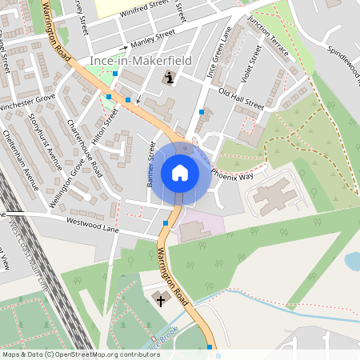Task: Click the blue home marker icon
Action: [180, 173]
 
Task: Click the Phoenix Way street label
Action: [232, 174]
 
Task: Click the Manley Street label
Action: [153, 37]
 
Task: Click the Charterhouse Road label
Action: [85, 148]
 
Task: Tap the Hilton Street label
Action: [104, 126]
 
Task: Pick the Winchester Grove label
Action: [26, 104]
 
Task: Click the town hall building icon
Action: [169, 78]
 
